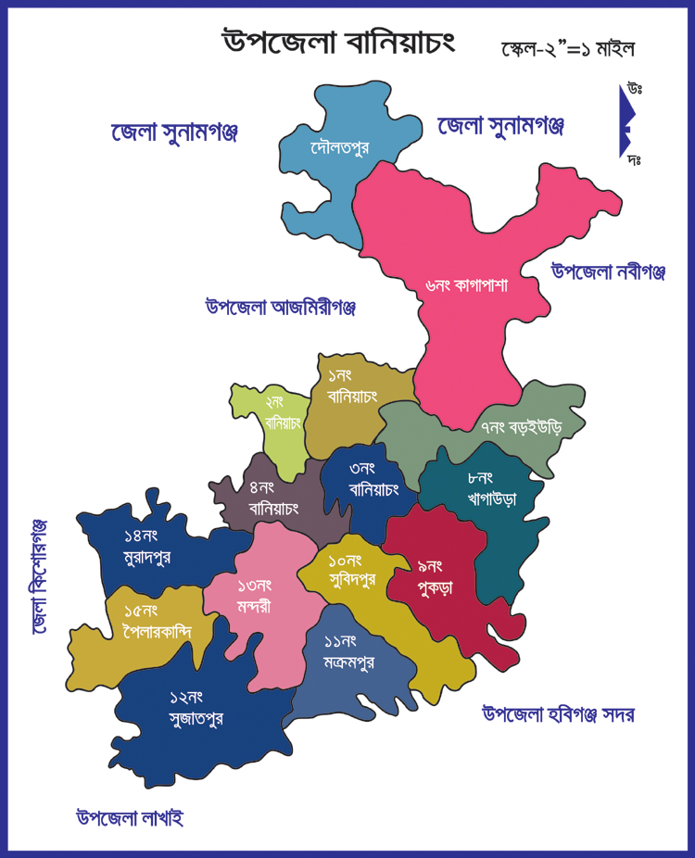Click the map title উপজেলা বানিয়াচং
pyautogui.click(x=338, y=42)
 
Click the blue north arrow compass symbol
pyautogui.click(x=627, y=120)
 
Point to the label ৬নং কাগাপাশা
pyautogui.click(x=467, y=285)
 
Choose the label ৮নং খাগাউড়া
pyautogui.click(x=492, y=488)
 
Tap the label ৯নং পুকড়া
pyautogui.click(x=433, y=575)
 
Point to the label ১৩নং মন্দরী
pyautogui.click(x=254, y=594)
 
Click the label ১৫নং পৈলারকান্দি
pyautogui.click(x=158, y=621)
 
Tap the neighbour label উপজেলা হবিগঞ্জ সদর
pyautogui.click(x=558, y=714)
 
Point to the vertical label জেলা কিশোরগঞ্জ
pyautogui.click(x=39, y=576)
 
